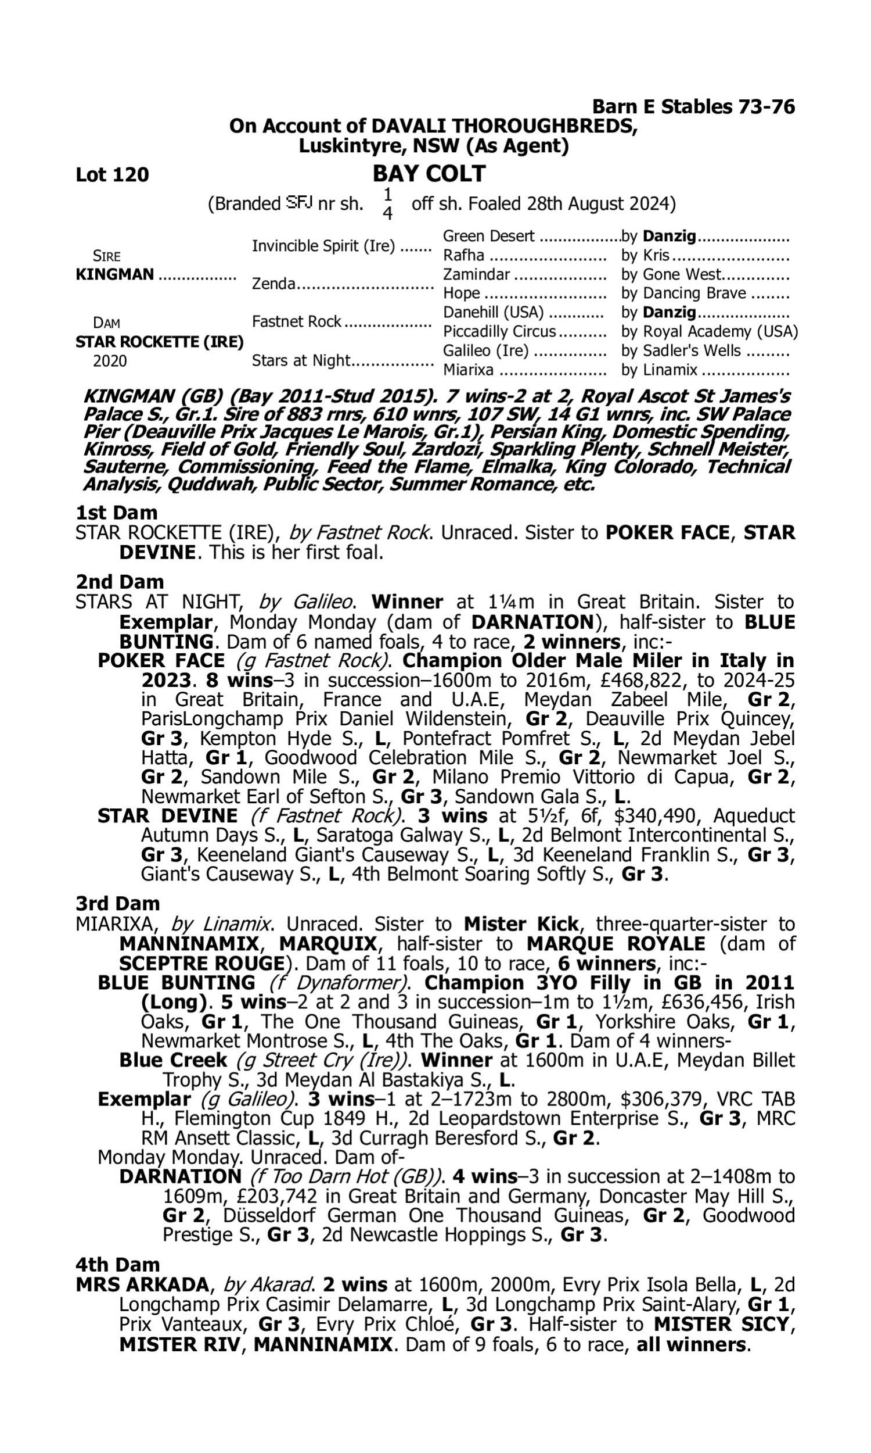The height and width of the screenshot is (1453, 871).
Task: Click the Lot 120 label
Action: pyautogui.click(x=112, y=175)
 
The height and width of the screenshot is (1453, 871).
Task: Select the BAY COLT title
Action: pyautogui.click(x=429, y=174)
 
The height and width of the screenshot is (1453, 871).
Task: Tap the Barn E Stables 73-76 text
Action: pyautogui.click(x=693, y=107)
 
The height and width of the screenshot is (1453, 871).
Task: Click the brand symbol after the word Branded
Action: pyautogui.click(x=299, y=203)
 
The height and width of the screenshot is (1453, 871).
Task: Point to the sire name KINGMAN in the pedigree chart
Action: pyautogui.click(x=115, y=275)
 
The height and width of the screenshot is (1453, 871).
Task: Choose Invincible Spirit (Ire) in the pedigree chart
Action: pyautogui.click(x=323, y=246)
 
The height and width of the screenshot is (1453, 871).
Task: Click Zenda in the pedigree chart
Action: pyautogui.click(x=273, y=284)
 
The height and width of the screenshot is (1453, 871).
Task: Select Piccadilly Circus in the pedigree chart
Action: pyautogui.click(x=499, y=332)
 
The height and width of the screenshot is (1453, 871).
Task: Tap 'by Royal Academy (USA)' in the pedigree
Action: pyautogui.click(x=709, y=332)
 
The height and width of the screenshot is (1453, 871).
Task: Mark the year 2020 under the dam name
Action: pyautogui.click(x=110, y=361)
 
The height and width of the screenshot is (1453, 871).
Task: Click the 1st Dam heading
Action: pyautogui.click(x=117, y=513)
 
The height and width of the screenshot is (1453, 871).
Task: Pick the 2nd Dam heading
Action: pyautogui.click(x=120, y=582)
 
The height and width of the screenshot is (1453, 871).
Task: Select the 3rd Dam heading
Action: pyautogui.click(x=118, y=904)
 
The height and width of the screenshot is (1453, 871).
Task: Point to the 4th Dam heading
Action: pyautogui.click(x=118, y=1265)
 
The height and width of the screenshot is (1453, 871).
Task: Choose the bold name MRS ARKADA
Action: pyautogui.click(x=142, y=1285)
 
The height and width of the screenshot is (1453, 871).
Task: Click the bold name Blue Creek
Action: pyautogui.click(x=173, y=1060)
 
